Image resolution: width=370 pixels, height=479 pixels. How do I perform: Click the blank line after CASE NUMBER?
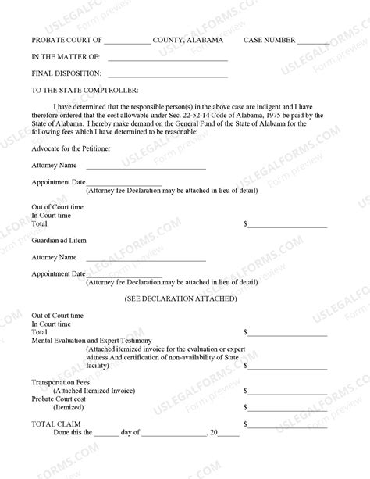[x=313, y=42]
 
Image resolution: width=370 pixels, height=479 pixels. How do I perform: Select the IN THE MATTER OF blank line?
[x=167, y=59]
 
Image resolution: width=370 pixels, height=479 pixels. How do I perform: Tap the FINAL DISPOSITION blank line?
[x=167, y=76]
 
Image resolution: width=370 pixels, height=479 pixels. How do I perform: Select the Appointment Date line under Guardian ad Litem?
[x=124, y=277]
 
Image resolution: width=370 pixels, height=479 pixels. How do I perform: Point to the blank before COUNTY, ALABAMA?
[x=126, y=42]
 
